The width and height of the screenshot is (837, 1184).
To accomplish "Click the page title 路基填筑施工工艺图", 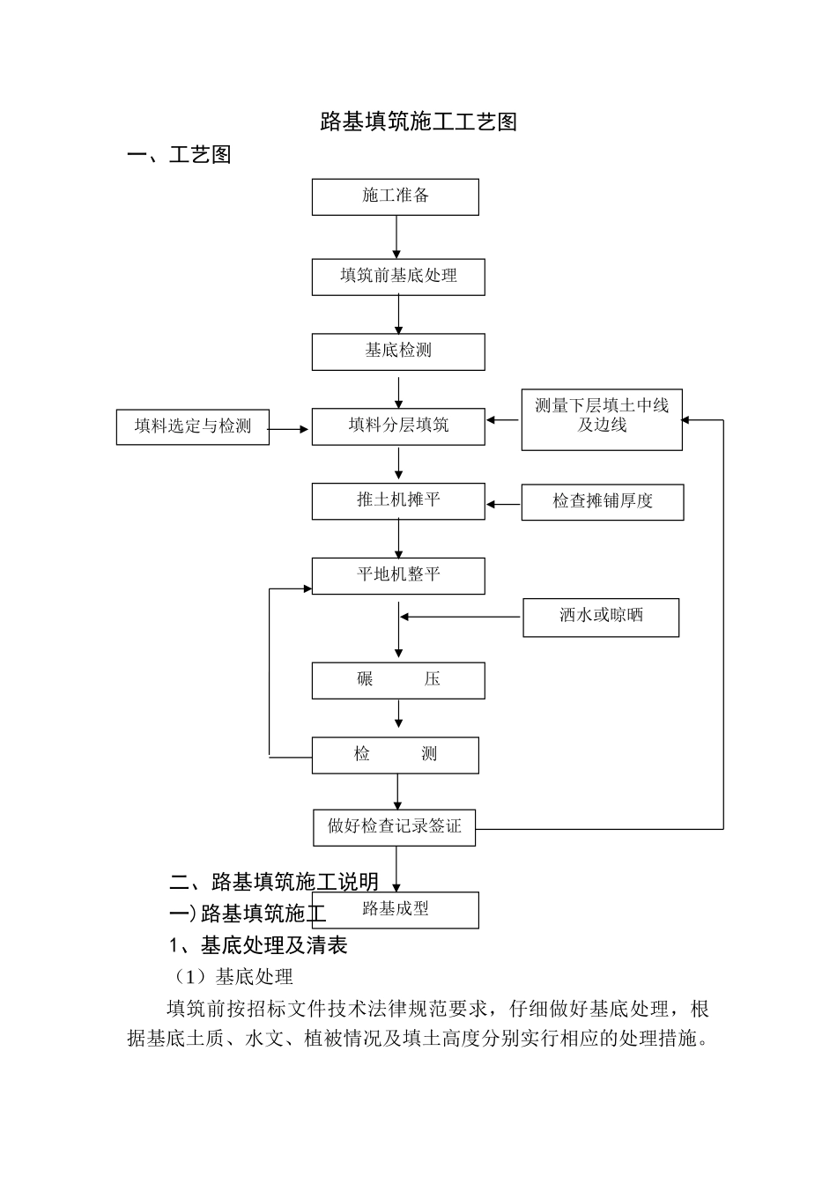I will tap(418, 122).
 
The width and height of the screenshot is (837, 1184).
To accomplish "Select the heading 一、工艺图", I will tap(180, 155).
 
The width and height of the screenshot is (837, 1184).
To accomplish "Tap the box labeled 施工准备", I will tap(395, 196).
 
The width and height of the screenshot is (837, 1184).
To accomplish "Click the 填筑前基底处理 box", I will tap(398, 277).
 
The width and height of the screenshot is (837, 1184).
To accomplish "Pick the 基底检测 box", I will tap(398, 351).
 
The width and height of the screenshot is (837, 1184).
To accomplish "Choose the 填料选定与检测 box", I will tap(192, 426).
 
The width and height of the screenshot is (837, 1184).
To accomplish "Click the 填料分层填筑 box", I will tap(398, 426).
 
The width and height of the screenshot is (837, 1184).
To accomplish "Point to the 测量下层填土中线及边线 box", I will tap(602, 419).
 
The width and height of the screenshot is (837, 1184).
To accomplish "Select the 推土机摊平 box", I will tap(398, 500).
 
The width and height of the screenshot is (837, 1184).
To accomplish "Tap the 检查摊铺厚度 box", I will tap(603, 501).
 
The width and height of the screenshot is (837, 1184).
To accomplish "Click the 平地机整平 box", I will tap(398, 575).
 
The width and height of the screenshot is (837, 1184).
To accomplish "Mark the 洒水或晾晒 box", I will tap(601, 617).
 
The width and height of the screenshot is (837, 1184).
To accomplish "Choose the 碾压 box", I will tap(398, 680).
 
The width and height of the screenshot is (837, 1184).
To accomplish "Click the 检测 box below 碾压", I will tap(395, 755).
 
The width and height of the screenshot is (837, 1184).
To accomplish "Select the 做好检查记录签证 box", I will tap(395, 827).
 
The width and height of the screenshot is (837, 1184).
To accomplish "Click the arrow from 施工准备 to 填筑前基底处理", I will tap(396, 237).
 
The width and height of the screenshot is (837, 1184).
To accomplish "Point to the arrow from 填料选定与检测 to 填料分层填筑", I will tap(290, 429).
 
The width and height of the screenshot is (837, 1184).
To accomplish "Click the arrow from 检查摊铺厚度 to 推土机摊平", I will tap(503, 504).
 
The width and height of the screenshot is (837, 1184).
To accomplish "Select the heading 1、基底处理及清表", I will tap(258, 945).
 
